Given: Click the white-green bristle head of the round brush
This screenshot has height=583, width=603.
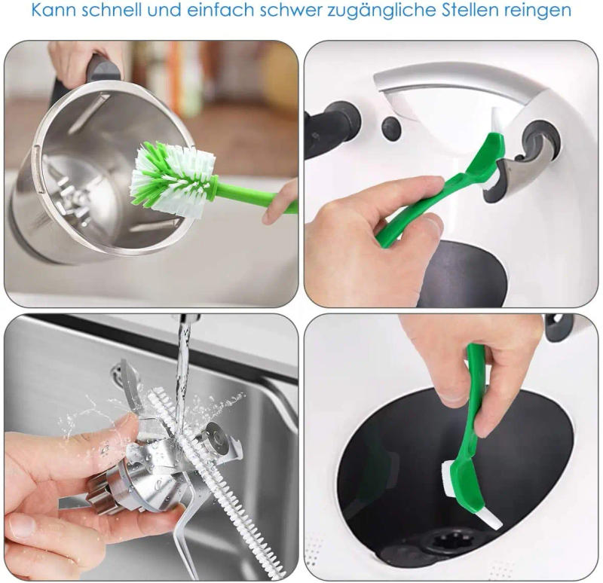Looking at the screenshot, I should (168, 177).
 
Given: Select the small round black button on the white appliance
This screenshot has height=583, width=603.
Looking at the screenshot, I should (390, 126).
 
